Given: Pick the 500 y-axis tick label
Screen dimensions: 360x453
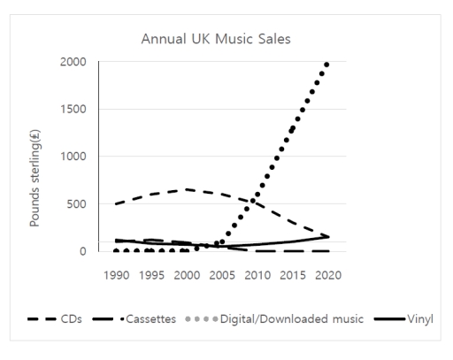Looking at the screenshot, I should click(x=76, y=204).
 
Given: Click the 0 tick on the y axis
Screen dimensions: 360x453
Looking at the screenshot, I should click(x=83, y=251).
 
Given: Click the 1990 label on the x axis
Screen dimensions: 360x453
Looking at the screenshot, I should click(x=117, y=274).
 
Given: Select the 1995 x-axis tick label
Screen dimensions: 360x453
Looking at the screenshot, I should click(x=151, y=274).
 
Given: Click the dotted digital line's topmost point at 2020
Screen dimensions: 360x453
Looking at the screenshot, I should click(x=326, y=65).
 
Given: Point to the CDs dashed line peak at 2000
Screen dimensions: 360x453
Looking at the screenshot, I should click(x=187, y=189).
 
